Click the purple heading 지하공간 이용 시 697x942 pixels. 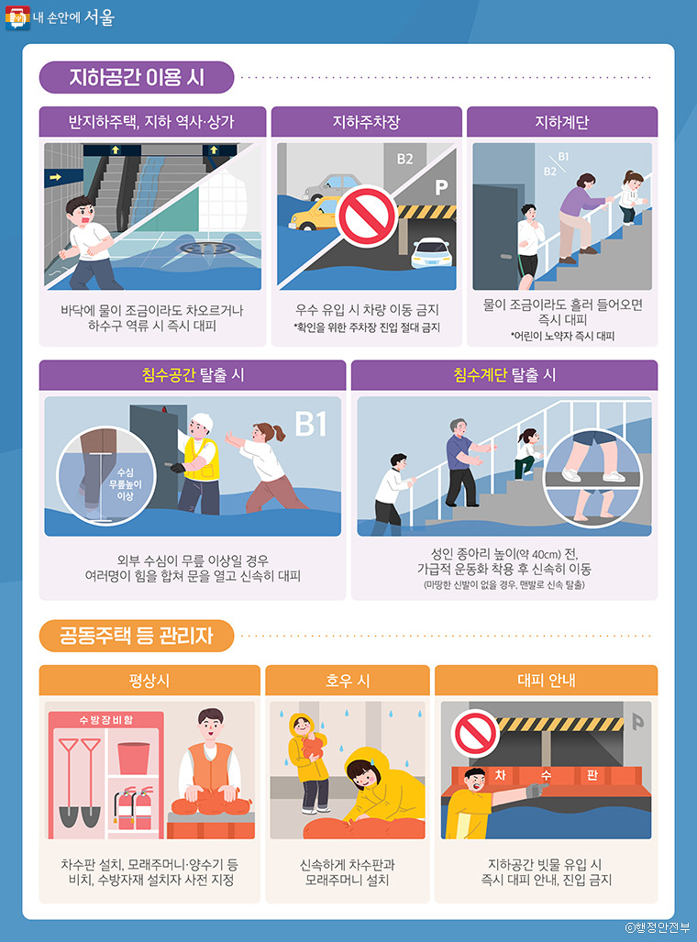point(137,77)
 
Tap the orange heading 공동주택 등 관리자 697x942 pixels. point(137,636)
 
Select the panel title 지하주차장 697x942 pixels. point(367,122)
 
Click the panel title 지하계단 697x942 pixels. point(562,122)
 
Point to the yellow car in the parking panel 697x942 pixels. point(314,215)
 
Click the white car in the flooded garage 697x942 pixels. point(431,252)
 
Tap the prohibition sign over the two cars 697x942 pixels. point(367,216)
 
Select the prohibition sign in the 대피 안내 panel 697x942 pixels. point(475,734)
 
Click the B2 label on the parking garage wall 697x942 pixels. point(405,159)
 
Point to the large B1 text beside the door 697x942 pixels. point(311,424)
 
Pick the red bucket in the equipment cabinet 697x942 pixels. point(134,759)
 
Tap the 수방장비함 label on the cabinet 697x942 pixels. point(105,720)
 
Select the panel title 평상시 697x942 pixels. point(149,680)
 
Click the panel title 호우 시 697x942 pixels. point(348,680)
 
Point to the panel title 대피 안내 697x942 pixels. point(547,680)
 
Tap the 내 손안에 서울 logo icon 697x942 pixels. point(17,18)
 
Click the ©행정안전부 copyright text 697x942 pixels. point(658,927)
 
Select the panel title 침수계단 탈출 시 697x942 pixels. point(504,375)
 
